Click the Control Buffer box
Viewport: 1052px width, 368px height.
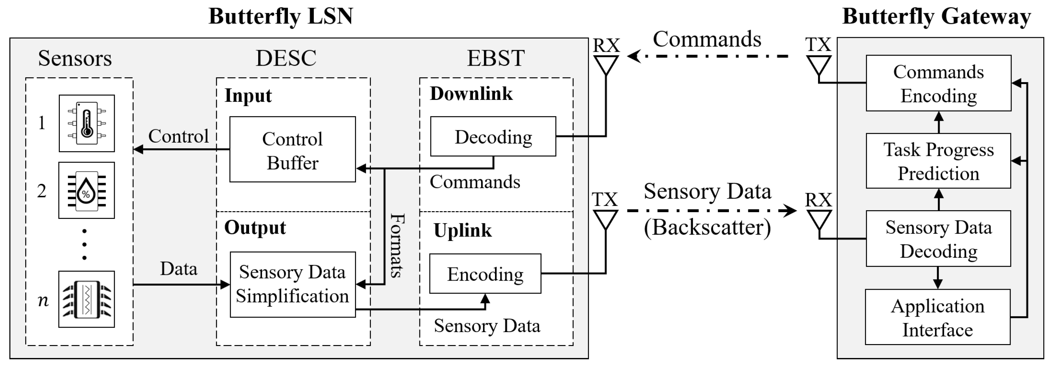(x=292, y=149)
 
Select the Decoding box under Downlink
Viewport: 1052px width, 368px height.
(x=493, y=136)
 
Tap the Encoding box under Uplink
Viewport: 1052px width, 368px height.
(x=485, y=274)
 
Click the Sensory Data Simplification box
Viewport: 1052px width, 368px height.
(x=292, y=284)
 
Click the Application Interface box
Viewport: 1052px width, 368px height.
(x=937, y=317)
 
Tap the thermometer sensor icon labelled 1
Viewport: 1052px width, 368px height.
(x=87, y=123)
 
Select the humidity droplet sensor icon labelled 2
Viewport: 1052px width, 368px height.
(x=86, y=190)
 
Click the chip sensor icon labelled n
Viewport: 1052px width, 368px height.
(x=86, y=299)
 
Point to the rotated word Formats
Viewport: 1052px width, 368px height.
(x=396, y=245)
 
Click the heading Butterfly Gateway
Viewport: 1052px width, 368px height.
(x=936, y=16)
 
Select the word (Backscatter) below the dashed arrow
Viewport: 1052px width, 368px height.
(x=707, y=227)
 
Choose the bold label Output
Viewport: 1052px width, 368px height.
(x=255, y=227)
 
